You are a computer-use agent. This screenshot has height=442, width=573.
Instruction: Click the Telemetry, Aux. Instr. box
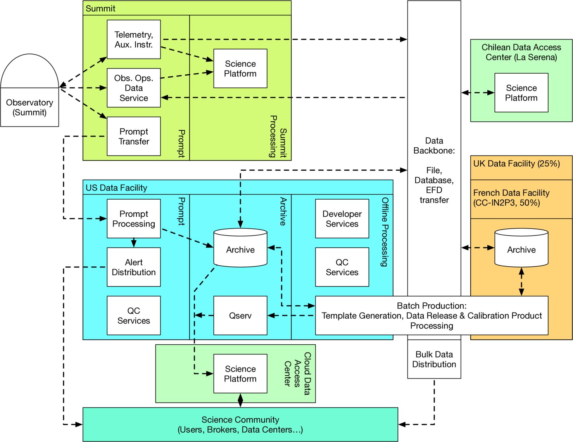click(x=134, y=40)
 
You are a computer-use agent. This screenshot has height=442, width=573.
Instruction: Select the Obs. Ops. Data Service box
click(x=134, y=88)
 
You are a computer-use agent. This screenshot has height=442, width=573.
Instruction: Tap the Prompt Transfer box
click(x=134, y=136)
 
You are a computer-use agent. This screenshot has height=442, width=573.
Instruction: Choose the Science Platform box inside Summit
click(x=240, y=69)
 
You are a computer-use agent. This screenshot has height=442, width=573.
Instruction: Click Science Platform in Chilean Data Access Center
click(x=521, y=93)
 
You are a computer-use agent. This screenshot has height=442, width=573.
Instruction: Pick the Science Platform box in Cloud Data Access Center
click(x=240, y=374)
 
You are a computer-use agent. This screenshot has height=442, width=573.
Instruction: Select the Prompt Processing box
click(x=134, y=219)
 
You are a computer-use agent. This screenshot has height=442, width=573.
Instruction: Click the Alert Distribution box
click(x=134, y=267)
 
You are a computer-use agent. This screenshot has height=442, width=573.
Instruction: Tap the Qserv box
click(x=240, y=316)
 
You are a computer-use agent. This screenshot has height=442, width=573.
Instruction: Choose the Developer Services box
click(x=342, y=219)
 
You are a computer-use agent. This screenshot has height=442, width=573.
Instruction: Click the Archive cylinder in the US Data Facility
click(x=240, y=248)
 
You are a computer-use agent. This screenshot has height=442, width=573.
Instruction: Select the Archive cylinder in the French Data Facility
click(x=521, y=248)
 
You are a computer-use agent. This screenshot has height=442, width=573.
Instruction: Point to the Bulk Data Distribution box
click(x=434, y=359)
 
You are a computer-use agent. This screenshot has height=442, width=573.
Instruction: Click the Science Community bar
click(x=240, y=425)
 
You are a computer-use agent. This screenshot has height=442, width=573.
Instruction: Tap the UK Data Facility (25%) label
click(x=516, y=164)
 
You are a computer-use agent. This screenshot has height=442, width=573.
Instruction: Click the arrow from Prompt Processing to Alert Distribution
click(x=134, y=243)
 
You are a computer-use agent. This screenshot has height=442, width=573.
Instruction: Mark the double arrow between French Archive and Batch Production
click(x=521, y=282)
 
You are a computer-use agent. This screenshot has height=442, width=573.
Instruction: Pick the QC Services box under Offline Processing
click(x=342, y=267)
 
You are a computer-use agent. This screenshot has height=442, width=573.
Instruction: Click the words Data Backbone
click(x=434, y=145)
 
